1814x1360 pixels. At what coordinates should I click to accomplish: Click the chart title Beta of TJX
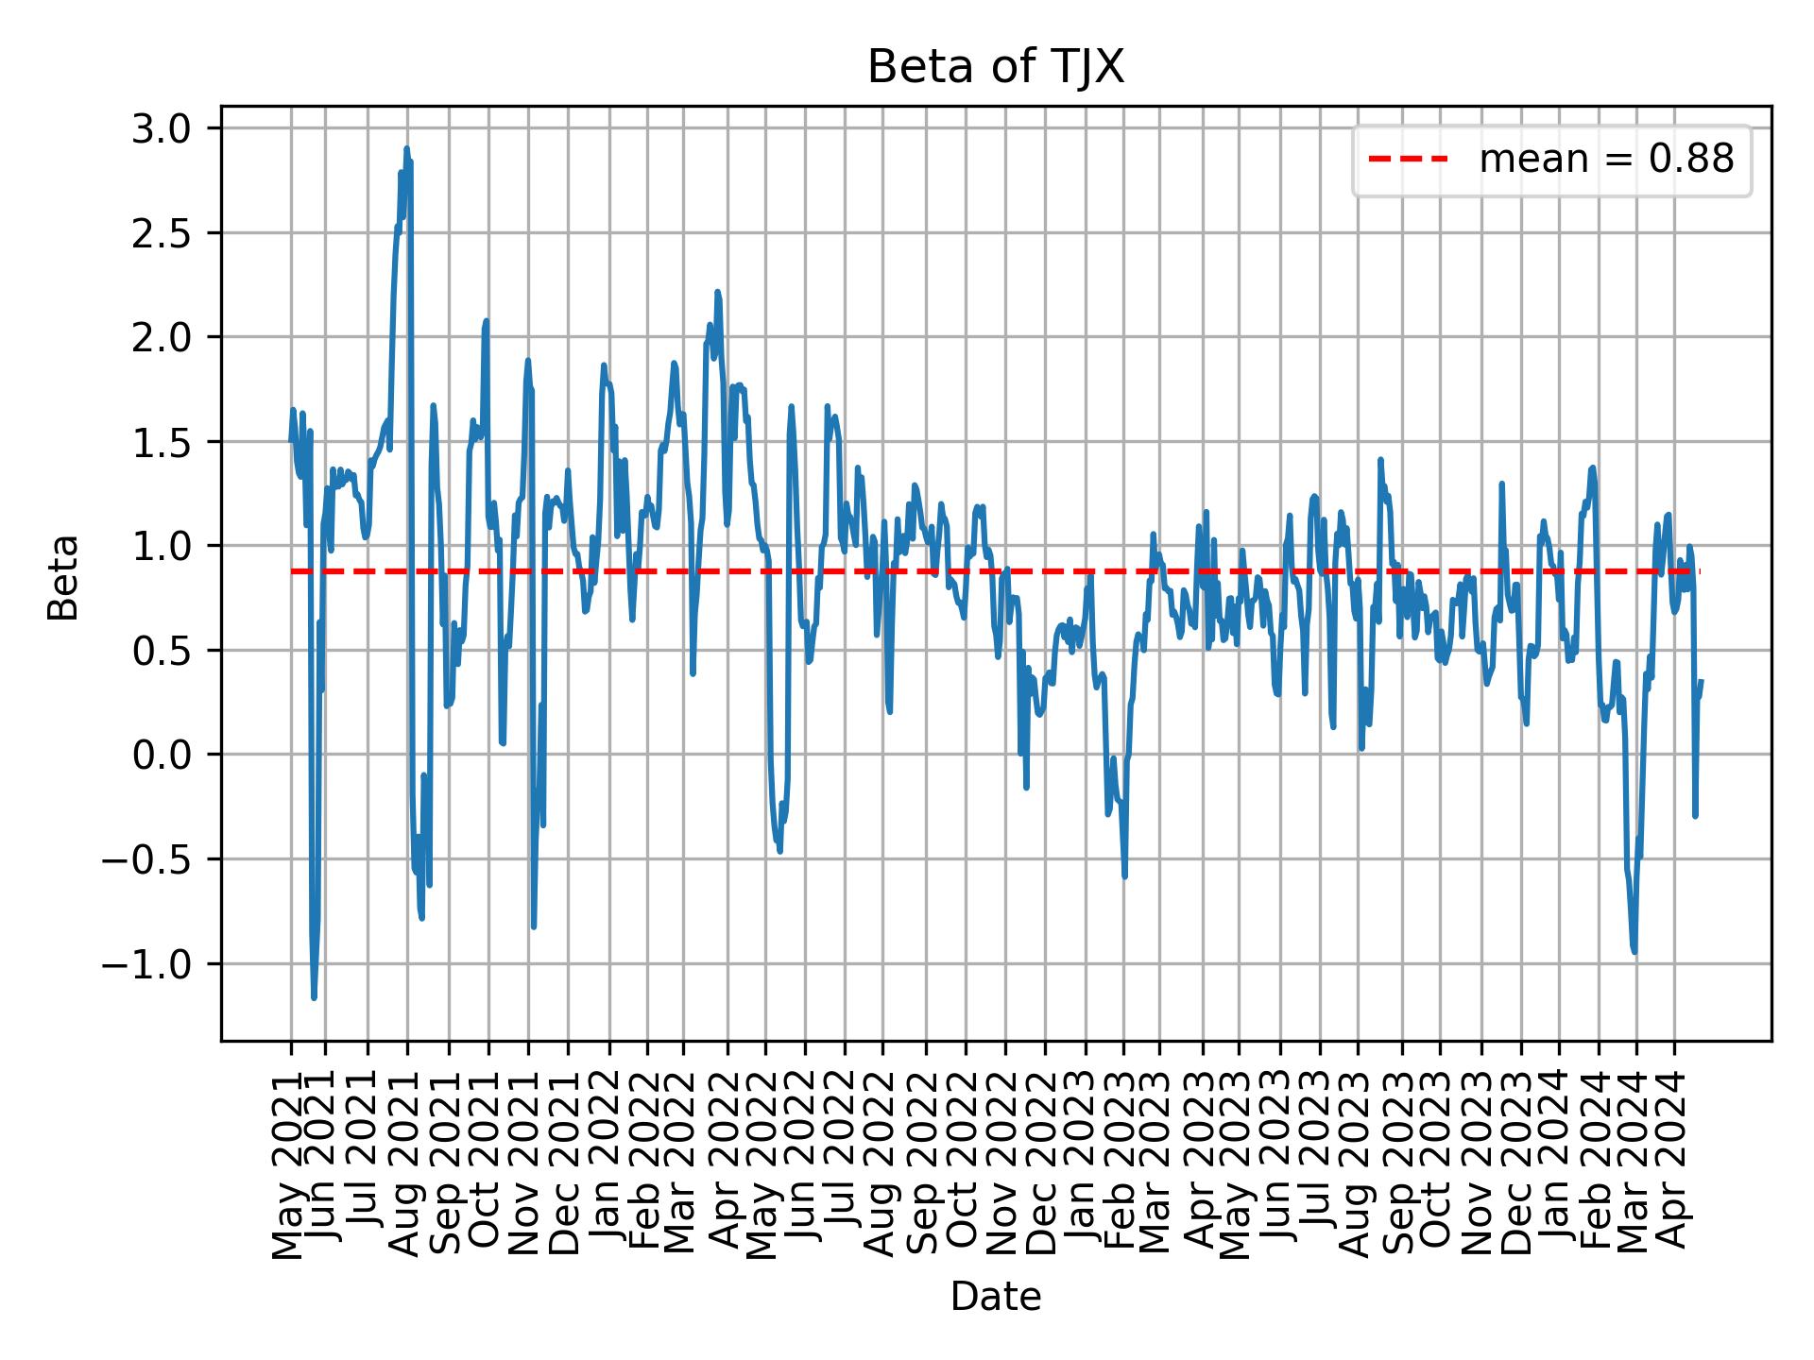pos(996,68)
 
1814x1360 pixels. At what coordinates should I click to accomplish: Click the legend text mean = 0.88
pos(1606,161)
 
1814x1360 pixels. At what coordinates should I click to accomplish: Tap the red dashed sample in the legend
pos(1409,161)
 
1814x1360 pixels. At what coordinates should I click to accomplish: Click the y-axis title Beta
pos(64,577)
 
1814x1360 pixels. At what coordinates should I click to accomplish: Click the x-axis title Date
pos(996,1298)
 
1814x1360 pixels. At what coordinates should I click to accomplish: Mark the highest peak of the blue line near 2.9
pos(406,148)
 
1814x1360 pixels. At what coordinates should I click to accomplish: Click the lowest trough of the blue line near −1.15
pos(314,997)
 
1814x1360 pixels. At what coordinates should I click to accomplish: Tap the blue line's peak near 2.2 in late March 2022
pos(717,292)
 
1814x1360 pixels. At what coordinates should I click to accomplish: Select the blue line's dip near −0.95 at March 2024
pos(1634,952)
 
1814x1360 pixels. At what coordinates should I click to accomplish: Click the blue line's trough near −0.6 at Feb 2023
pos(1124,876)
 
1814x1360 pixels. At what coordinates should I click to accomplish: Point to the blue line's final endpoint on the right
pos(1701,681)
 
